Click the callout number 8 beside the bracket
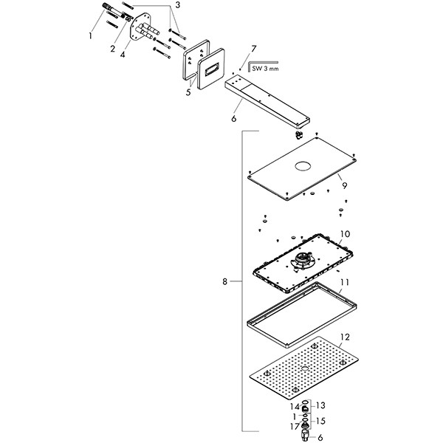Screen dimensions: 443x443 pos(224,281)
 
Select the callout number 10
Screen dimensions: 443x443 pos(345,234)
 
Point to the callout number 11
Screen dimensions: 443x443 pos(345,281)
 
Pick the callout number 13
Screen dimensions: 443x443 pos(320,405)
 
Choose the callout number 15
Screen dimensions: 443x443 pos(320,421)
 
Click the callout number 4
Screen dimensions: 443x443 pos(123,53)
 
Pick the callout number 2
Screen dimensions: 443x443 pos(113,49)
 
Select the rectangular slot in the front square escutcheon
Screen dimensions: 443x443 pos(211,69)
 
